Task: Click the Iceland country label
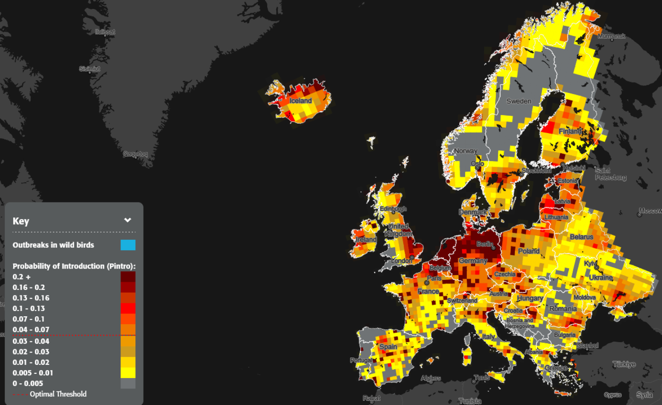[300, 101]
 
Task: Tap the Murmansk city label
[611, 36]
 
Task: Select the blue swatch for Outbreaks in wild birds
[128, 245]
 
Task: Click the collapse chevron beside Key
[128, 220]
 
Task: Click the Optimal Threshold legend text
[58, 394]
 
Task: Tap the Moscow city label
[651, 211]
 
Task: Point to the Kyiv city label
[591, 263]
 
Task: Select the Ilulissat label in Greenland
[105, 32]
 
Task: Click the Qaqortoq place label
[135, 154]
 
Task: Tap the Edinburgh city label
[392, 209]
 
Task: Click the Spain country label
[388, 347]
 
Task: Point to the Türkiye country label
[624, 364]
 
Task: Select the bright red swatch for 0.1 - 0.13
[128, 308]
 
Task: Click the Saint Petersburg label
[610, 174]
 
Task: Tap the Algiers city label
[431, 378]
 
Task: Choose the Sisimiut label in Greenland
[90, 69]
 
